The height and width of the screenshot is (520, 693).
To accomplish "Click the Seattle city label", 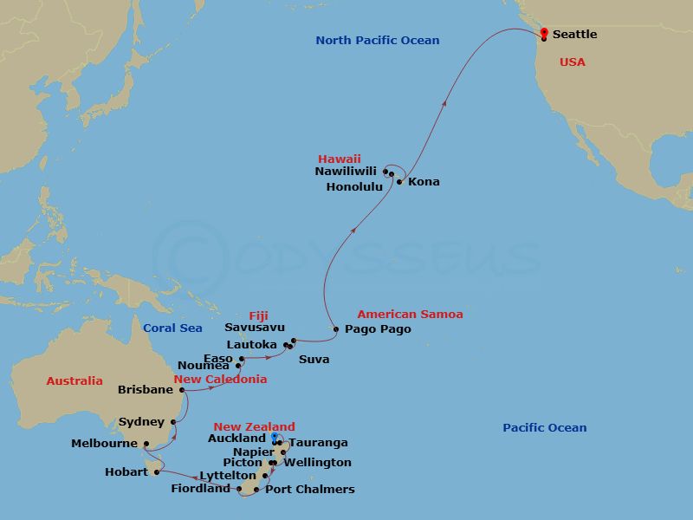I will point(574,34).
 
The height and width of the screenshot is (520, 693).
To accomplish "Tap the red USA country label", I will point(572,62).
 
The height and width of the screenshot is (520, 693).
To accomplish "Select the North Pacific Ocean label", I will point(377,40).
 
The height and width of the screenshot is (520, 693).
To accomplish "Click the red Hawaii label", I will point(340,159).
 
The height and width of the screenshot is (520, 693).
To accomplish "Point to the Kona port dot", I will point(399,181).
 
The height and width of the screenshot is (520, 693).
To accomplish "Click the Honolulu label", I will point(354,186).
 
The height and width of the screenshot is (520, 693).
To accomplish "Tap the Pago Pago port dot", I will point(336,329).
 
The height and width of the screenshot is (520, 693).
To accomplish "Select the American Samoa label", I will point(410,314).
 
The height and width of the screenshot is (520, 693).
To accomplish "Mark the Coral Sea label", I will point(172,328).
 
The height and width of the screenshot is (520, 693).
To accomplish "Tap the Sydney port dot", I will point(174,422).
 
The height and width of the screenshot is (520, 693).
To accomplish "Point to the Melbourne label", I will point(104,443).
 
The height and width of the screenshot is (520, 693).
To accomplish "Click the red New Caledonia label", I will point(220,379).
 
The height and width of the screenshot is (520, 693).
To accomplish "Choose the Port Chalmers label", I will point(310,489).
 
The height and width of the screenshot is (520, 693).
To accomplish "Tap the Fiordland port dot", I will point(239,489).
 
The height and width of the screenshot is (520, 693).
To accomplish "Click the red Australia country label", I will point(74,380).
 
